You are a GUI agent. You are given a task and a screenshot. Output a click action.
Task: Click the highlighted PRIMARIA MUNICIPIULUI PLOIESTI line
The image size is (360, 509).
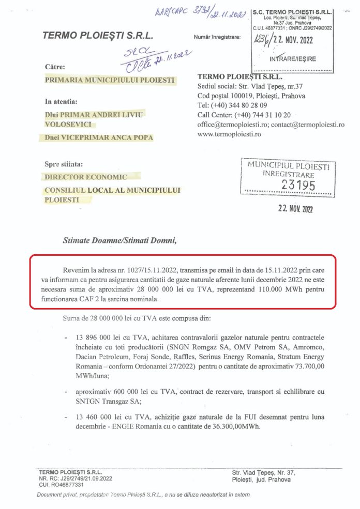tap(110, 80)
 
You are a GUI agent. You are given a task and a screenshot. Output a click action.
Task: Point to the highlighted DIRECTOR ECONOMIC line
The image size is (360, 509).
tap(85, 177)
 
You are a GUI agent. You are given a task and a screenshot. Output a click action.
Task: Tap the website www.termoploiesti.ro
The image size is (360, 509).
tap(229, 133)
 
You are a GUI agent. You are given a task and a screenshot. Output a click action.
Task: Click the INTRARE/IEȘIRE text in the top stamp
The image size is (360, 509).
tap(293, 59)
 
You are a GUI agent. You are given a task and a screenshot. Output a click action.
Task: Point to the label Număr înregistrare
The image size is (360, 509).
tap(217, 37)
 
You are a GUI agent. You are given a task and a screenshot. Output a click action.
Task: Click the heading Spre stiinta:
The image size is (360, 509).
tap(64, 164)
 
